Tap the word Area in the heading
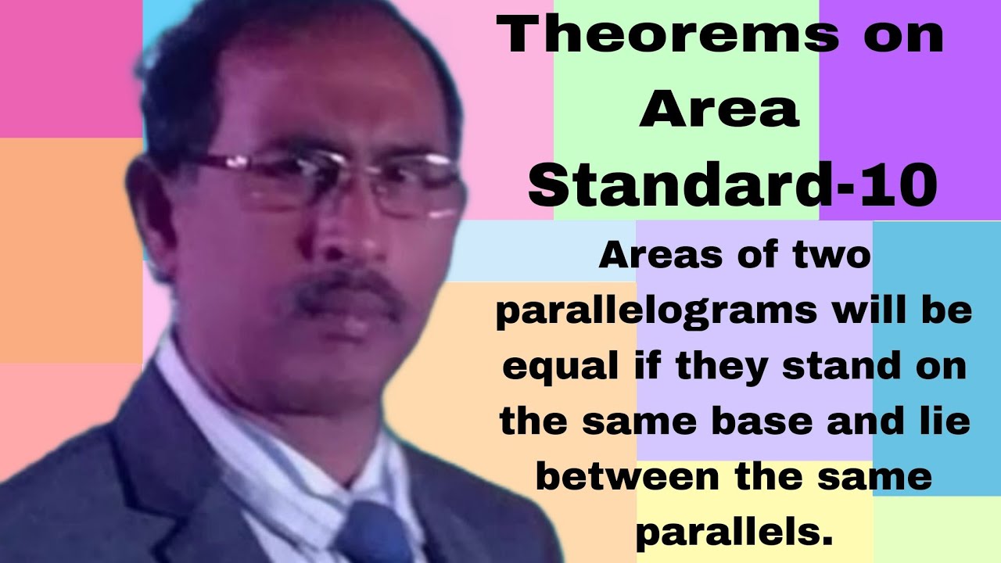pos(719,112)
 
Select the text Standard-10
pos(733,185)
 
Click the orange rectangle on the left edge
pos(70,250)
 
